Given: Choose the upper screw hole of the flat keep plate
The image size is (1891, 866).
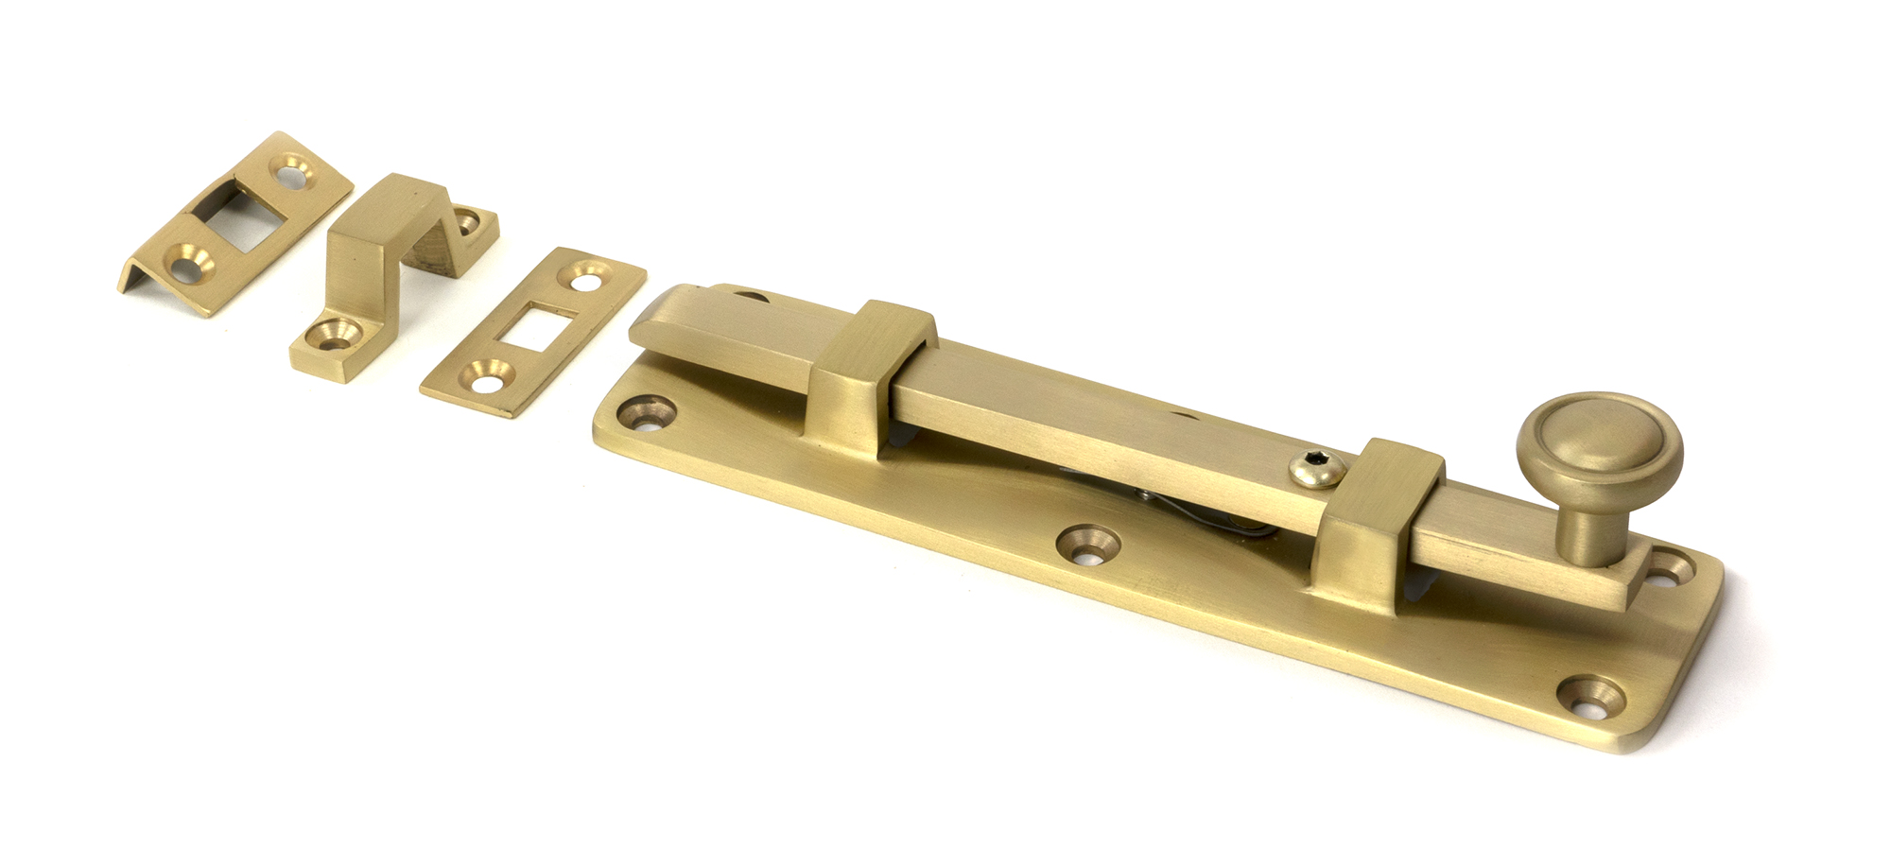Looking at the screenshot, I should click(x=585, y=275).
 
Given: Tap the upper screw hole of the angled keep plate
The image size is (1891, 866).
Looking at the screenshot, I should click(x=292, y=171).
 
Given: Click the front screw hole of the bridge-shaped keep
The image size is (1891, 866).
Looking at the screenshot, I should click(x=332, y=334).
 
